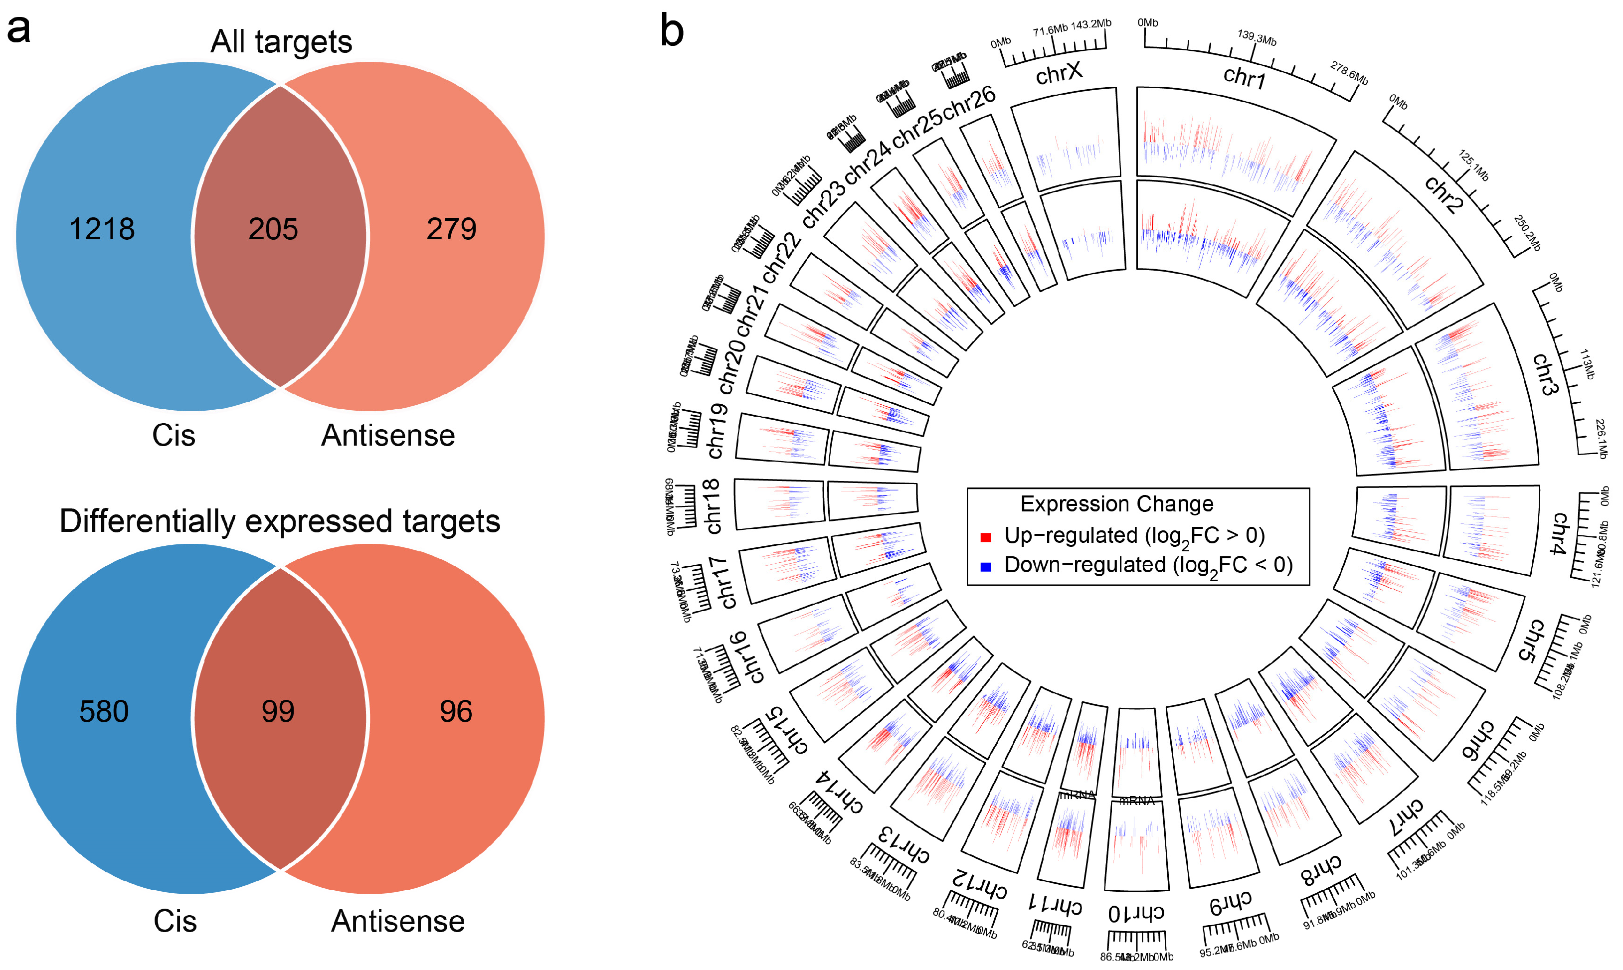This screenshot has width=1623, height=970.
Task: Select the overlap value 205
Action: pos(273,229)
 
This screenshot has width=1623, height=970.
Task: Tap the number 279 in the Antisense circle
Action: pos(451,229)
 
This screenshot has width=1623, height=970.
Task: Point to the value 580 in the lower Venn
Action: pos(104,711)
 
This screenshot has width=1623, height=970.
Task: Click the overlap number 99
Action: pos(278,711)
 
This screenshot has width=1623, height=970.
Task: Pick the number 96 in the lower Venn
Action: pos(456,711)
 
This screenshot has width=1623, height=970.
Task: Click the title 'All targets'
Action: pos(281,41)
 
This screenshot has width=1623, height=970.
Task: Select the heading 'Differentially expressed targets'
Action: pos(280,521)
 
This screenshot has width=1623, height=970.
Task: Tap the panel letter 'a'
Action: pos(18,29)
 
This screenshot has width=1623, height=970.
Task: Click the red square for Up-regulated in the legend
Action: pos(986,537)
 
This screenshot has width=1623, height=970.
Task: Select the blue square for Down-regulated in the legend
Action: pos(986,567)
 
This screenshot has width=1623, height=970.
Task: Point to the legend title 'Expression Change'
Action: pos(1116,504)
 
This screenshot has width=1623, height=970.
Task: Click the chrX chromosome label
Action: pos(1059,73)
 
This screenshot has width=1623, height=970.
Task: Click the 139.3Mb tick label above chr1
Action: pos(1257,37)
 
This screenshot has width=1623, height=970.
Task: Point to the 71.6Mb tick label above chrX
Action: pos(1050,30)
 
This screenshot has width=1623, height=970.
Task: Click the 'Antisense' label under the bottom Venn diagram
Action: pos(397,921)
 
